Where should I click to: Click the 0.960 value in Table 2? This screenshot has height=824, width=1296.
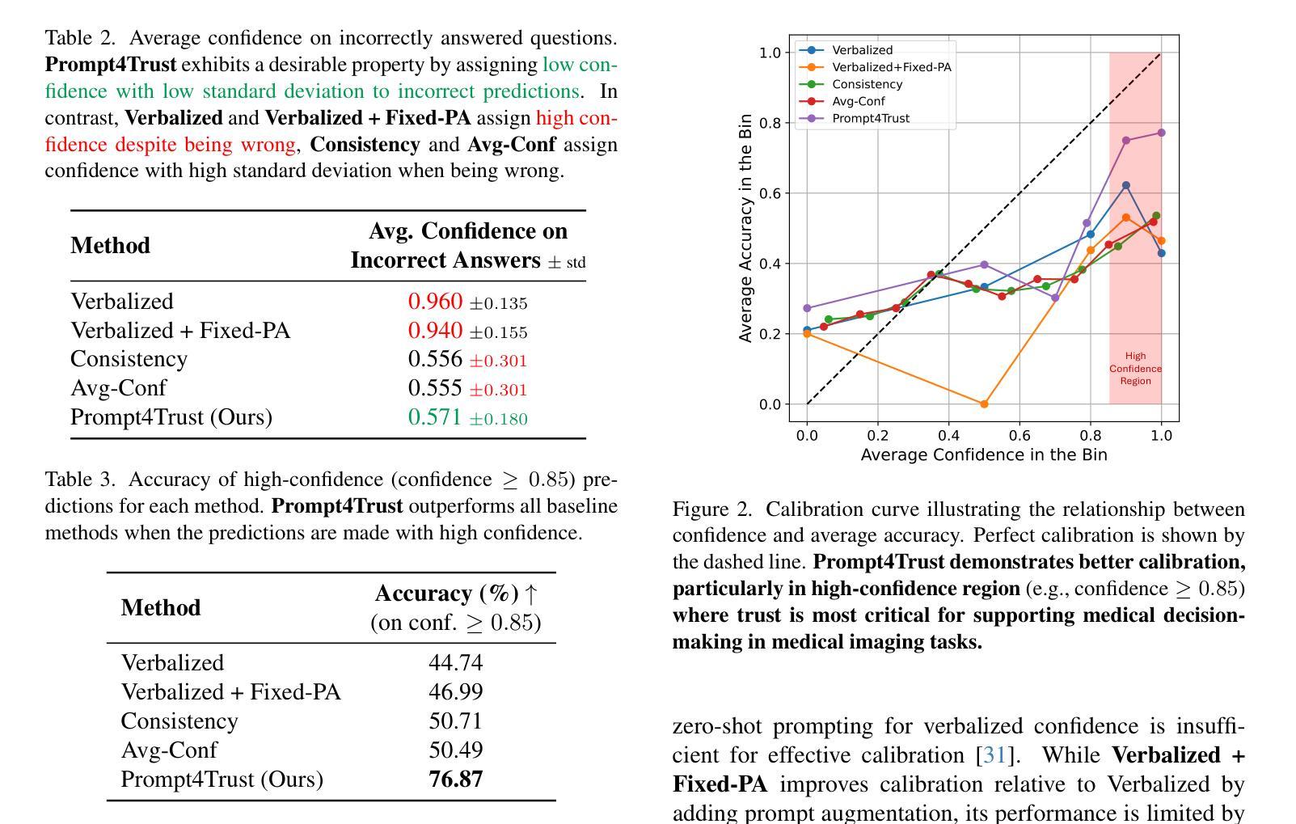click(435, 302)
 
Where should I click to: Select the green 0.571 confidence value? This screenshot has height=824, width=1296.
click(434, 417)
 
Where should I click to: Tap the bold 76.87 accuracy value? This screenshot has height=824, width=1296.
click(456, 780)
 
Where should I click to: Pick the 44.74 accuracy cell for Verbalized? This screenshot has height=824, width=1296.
click(456, 662)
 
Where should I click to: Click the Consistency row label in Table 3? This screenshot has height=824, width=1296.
click(179, 721)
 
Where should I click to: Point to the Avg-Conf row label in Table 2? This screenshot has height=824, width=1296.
click(119, 387)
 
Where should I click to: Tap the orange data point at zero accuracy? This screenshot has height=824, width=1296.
click(984, 404)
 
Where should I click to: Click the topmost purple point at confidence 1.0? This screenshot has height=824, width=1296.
click(1161, 133)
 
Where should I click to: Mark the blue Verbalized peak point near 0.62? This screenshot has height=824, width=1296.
click(1126, 186)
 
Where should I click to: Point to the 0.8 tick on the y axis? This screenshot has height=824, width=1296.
click(770, 123)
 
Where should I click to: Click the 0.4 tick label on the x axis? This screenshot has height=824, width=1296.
click(948, 436)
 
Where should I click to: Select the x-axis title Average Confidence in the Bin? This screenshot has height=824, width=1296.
click(984, 454)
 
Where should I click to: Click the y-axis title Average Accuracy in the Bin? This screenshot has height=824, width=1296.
click(745, 228)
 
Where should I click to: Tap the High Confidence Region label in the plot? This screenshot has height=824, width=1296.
click(1135, 369)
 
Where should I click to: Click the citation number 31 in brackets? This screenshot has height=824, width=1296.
click(994, 755)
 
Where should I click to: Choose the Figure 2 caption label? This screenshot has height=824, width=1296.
click(711, 509)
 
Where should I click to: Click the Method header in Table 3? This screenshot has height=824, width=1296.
click(161, 607)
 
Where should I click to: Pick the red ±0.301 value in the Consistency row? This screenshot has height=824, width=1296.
click(498, 361)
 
